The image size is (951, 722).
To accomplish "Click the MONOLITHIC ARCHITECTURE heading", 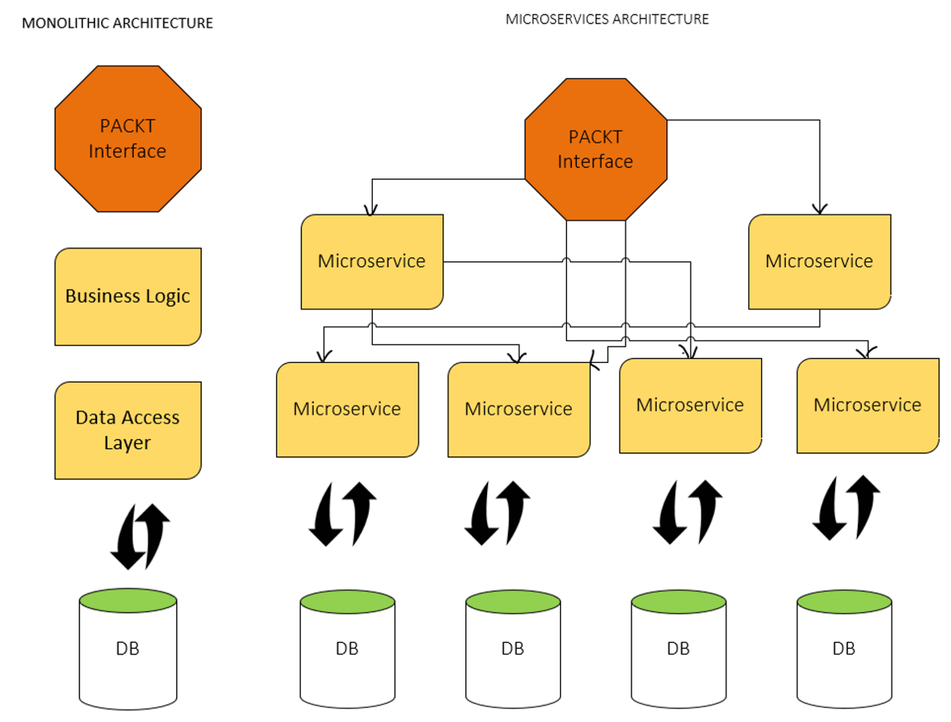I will (x=118, y=23).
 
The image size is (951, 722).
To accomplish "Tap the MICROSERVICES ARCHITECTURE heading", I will (x=607, y=19).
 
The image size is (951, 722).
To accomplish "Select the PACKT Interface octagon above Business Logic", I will (x=128, y=138).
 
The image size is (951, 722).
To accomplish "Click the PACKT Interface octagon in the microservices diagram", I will (x=595, y=149).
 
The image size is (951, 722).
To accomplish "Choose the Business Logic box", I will (x=128, y=297).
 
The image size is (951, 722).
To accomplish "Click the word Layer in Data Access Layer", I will (x=128, y=442).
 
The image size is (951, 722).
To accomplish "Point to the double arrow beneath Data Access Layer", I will (x=141, y=536).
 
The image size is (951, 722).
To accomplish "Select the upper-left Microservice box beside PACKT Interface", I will (x=372, y=261).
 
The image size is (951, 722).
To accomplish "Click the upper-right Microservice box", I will (x=819, y=261).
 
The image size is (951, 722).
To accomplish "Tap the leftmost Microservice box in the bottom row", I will (x=347, y=409).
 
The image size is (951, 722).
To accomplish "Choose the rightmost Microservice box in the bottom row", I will (x=867, y=405).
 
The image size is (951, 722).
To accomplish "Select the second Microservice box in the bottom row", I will (x=518, y=409).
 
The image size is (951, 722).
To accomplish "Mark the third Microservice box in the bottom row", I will (x=690, y=405).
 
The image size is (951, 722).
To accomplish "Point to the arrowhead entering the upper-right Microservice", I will (x=820, y=209).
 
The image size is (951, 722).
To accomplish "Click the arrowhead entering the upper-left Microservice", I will (x=372, y=210).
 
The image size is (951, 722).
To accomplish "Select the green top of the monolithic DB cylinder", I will (x=128, y=601).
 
